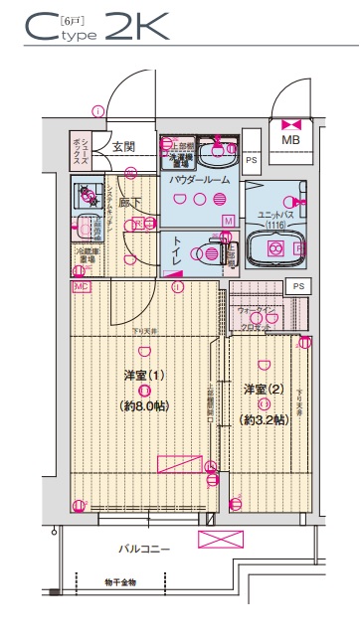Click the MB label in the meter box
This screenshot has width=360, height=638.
click(290, 141)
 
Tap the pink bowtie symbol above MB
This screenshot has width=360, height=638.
click(290, 124)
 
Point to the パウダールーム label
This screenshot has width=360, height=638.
click(199, 180)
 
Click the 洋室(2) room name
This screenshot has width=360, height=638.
click(263, 389)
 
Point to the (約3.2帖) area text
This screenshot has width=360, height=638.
click(263, 419)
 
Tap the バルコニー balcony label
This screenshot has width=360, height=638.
click(145, 549)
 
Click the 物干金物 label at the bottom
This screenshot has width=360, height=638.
click(119, 583)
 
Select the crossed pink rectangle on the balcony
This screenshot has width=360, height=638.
click(220, 540)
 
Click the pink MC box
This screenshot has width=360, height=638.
click(81, 286)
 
